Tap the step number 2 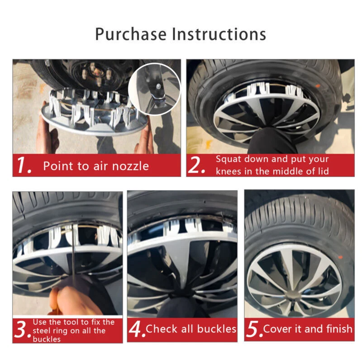(x=197, y=166)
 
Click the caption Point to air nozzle (x=96, y=166)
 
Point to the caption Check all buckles (x=191, y=329)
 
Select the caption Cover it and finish (x=308, y=329)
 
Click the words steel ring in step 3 (x=50, y=330)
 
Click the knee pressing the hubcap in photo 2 (x=267, y=138)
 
